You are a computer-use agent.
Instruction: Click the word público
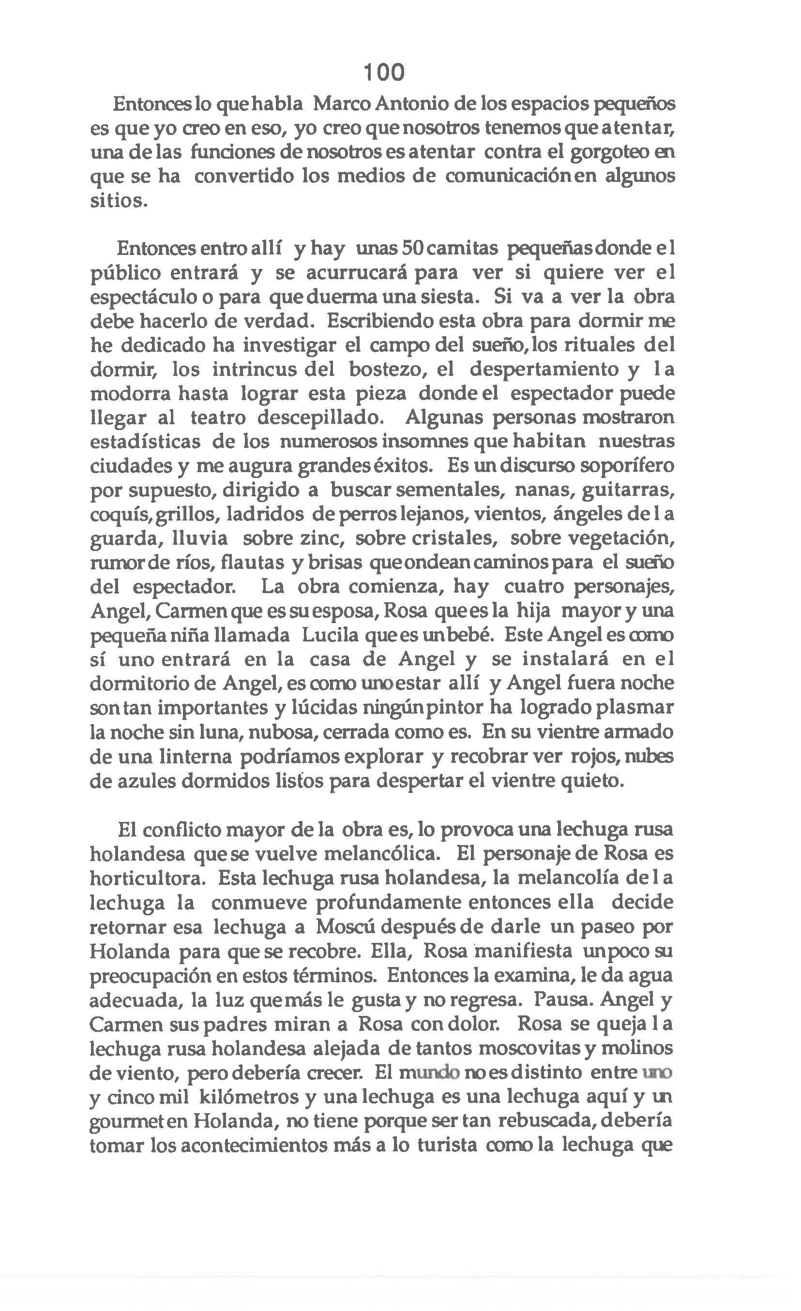126,273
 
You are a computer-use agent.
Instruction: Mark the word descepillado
320,417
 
